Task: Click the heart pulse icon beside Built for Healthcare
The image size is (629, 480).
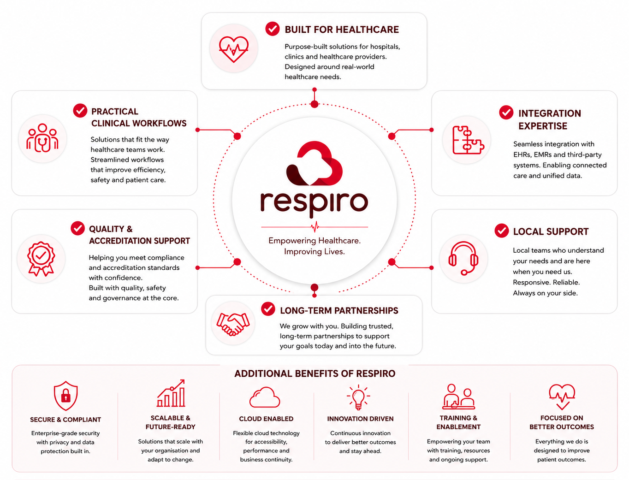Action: coord(233,49)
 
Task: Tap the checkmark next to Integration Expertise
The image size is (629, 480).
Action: coord(506,112)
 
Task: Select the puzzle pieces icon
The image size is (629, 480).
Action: coord(468,140)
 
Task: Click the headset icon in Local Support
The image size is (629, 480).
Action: coord(463,258)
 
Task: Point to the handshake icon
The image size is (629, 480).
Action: coord(233,324)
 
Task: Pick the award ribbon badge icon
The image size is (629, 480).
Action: coord(41,258)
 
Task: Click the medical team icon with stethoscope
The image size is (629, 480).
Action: coord(42,138)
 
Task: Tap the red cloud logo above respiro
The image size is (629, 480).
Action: coord(314,163)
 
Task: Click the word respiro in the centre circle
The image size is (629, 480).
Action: coord(314,204)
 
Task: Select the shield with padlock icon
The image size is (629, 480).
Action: coord(65,396)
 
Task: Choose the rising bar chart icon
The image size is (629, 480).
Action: coord(171,393)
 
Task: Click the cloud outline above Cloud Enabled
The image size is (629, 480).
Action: coord(265,397)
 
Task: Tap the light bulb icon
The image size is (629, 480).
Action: coord(358,397)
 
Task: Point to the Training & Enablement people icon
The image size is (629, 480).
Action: coord(458,397)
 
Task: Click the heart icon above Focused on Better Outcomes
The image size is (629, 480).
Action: coord(562,397)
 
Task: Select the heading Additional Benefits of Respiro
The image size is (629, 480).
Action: coord(314,373)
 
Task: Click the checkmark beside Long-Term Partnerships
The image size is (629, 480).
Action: coord(268,309)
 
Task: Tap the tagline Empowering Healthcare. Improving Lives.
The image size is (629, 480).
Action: coord(314,246)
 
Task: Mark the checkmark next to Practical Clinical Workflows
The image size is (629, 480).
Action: coord(80,111)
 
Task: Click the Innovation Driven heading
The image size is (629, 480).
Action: coord(360,419)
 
